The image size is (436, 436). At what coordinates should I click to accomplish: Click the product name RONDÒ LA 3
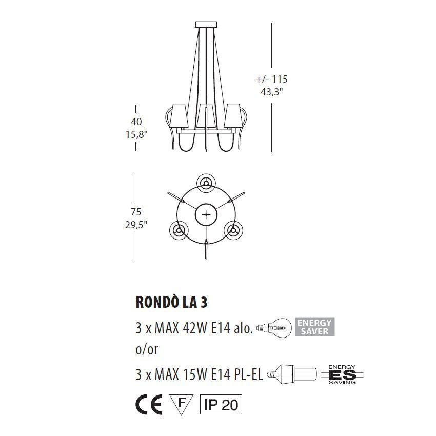(x=171, y=302)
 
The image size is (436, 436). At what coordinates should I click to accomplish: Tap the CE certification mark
(x=149, y=405)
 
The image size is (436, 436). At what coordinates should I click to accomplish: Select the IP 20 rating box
(x=221, y=405)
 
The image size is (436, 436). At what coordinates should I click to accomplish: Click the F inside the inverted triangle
(x=181, y=403)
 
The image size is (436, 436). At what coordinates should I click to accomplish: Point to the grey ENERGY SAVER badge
(x=313, y=327)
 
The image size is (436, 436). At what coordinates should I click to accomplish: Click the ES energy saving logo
(x=342, y=374)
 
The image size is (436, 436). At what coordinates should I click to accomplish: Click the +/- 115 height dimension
(x=271, y=80)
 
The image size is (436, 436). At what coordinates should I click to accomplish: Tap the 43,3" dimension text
(x=271, y=93)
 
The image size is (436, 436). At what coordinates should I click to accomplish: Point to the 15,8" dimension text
(x=136, y=135)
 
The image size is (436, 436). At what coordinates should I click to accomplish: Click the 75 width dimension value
(x=136, y=211)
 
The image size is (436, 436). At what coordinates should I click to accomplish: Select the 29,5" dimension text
(x=136, y=225)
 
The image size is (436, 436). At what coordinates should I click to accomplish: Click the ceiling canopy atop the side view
(x=206, y=24)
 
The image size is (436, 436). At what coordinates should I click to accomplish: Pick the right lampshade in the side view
(x=233, y=116)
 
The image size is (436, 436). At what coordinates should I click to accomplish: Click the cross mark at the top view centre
(x=206, y=215)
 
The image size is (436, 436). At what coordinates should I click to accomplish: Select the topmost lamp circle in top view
(x=206, y=183)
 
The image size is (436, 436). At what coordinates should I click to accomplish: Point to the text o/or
(x=147, y=350)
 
